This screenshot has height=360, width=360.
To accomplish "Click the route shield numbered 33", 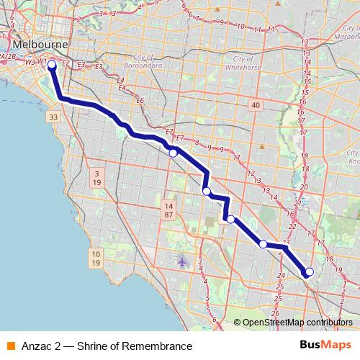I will coord(53,117).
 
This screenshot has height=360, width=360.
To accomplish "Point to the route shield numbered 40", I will coord(255,106).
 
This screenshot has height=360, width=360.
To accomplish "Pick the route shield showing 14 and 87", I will coord(168,210).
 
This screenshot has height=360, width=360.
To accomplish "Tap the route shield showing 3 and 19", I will coord(96,178).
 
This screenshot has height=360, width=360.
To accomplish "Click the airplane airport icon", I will coord(181,260).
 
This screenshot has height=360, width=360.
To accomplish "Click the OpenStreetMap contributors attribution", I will coord(297,323).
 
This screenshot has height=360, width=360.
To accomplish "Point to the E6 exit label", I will coord(140,100).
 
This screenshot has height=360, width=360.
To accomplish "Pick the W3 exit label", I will coord(30,63).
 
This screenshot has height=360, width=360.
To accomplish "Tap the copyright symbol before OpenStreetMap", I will coord(238,323).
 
